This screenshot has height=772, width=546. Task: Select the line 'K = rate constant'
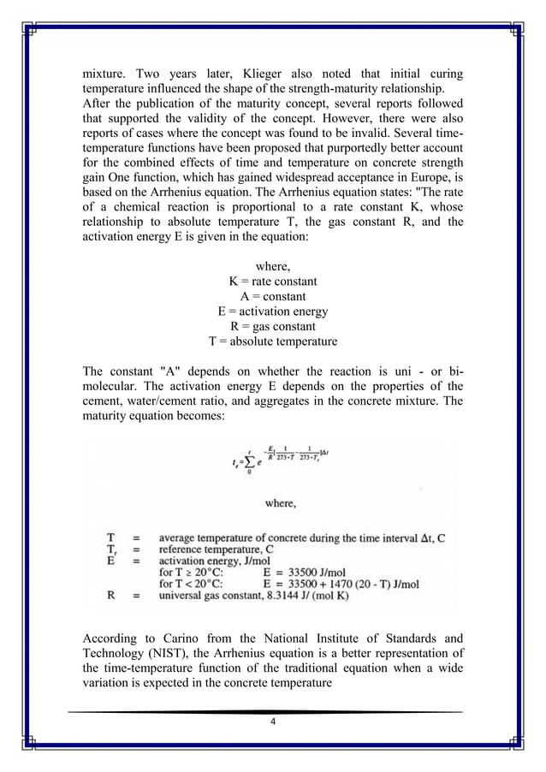click(x=272, y=281)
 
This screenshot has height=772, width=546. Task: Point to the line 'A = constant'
click(x=272, y=296)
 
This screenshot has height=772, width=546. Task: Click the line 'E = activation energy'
click(x=272, y=312)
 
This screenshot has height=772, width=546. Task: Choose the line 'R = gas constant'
click(x=272, y=327)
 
